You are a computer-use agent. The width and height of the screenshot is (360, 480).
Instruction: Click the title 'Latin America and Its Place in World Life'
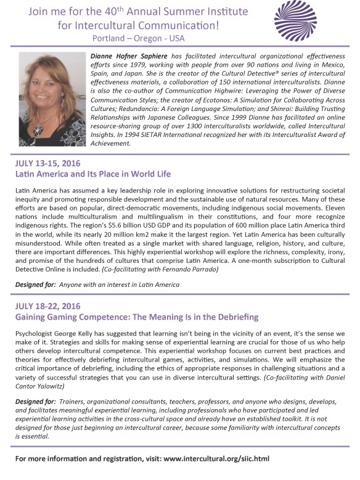coord(93,174)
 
